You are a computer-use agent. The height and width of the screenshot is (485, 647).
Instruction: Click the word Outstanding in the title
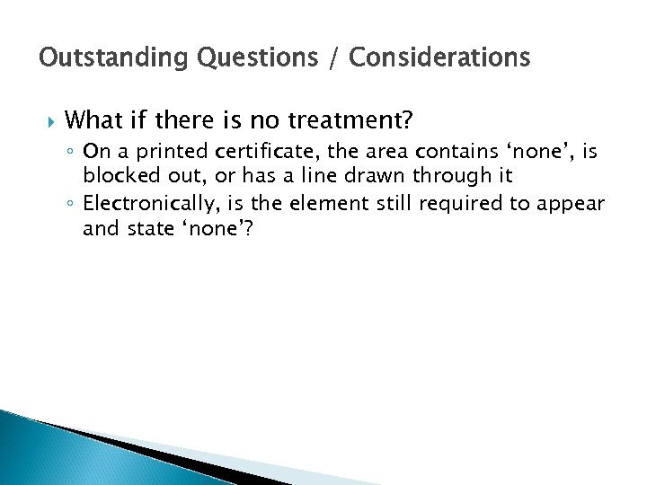99,58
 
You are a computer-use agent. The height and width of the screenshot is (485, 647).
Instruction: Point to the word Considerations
439,58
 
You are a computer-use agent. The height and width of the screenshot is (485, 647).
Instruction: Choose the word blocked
115,174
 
